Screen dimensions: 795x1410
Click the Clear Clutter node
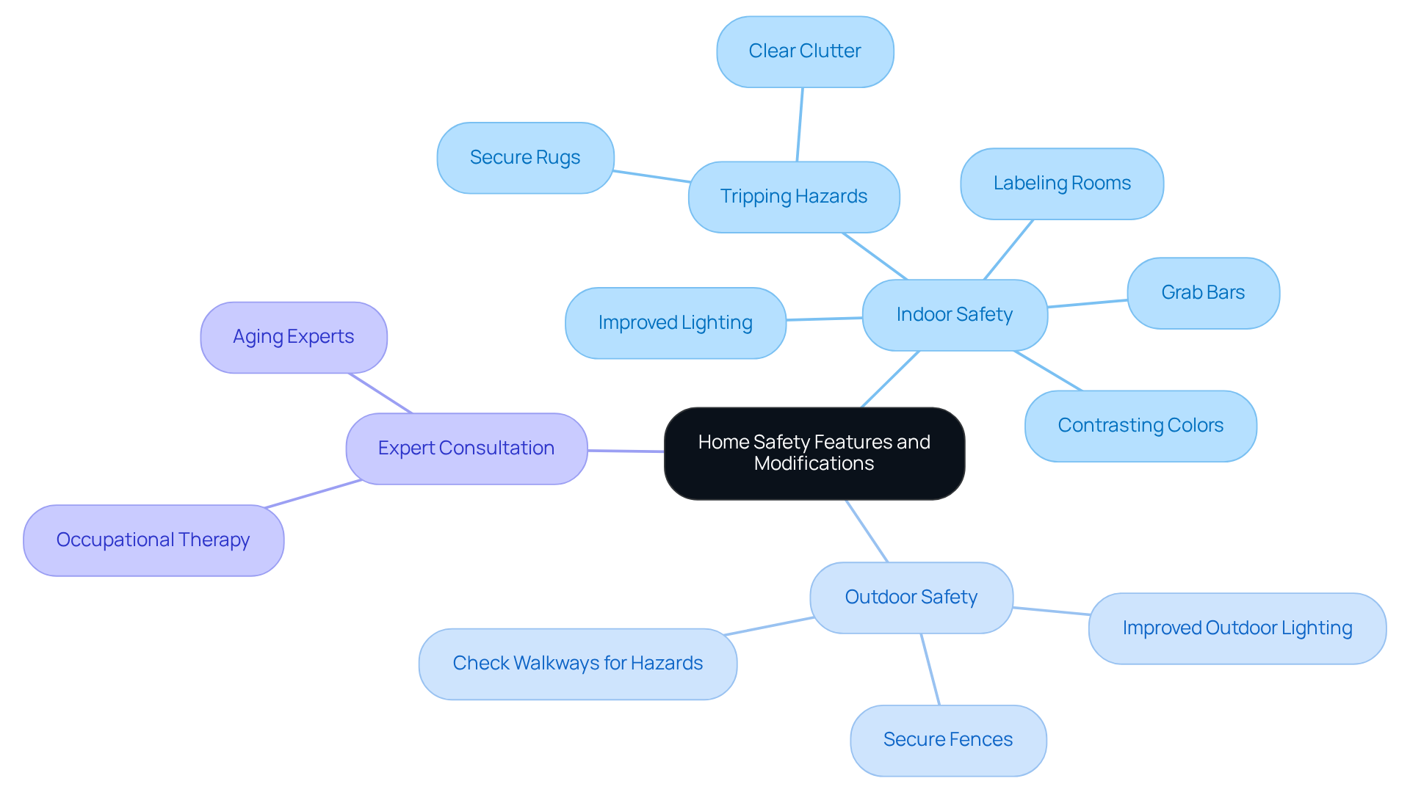[x=805, y=51]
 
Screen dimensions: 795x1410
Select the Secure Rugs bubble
[x=525, y=158]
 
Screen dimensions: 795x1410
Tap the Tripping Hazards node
[x=794, y=197]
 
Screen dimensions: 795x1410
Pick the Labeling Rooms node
[x=1062, y=184]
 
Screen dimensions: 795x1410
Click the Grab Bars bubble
[x=1203, y=293]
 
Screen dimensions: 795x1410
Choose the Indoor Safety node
[x=955, y=315]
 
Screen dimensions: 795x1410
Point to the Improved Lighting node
[x=676, y=323]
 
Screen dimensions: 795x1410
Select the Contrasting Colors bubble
[x=1140, y=426]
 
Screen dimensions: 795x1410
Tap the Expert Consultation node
[x=466, y=449]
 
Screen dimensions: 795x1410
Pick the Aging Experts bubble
[x=294, y=337]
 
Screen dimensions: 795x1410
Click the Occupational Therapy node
[x=153, y=540]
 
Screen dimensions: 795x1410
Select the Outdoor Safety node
[x=911, y=598]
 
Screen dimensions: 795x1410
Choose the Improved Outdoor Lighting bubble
[x=1237, y=628]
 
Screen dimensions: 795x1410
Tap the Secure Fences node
[x=948, y=740]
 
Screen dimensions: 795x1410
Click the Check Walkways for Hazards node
[x=578, y=664]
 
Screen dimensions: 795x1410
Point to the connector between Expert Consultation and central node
[x=626, y=451]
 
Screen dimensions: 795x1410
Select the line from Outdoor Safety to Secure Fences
[x=930, y=669]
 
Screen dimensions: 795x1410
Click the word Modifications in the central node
[x=814, y=464]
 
